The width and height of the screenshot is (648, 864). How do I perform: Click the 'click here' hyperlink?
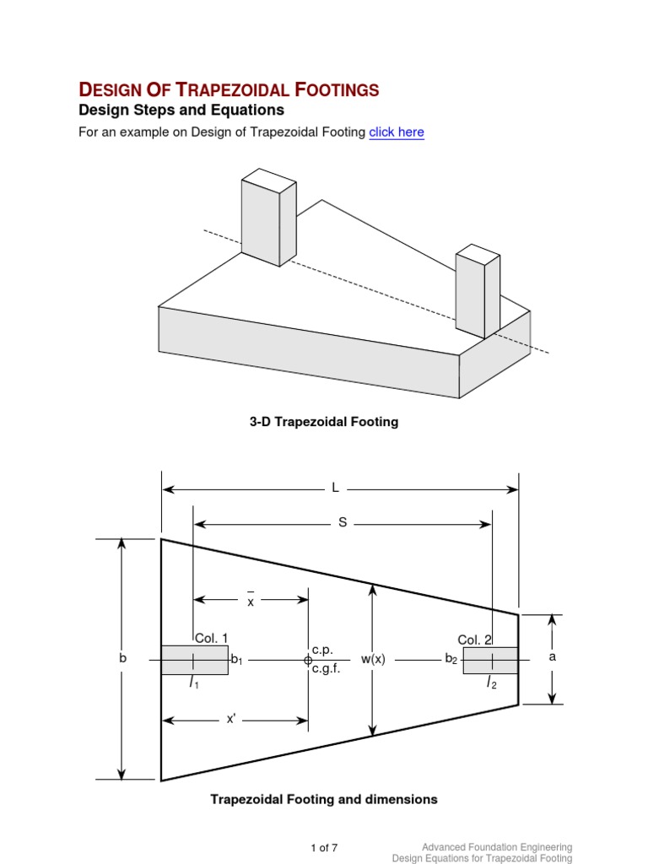point(397,132)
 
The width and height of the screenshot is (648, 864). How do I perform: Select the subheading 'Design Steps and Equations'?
point(181,111)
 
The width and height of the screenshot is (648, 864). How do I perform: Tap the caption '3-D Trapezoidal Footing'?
point(324,422)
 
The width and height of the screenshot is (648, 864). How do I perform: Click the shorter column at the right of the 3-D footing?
point(477,290)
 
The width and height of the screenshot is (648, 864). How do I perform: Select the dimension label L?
point(335,488)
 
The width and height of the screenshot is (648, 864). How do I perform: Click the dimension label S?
point(343,523)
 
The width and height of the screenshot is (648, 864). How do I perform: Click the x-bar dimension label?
point(251,602)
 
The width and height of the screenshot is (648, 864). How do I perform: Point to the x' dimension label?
point(230,719)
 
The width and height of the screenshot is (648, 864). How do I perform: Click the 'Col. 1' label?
point(211,639)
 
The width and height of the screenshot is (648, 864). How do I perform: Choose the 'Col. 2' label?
point(474,640)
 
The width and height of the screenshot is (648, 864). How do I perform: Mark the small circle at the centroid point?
point(307,661)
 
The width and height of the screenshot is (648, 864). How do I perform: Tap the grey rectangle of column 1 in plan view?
point(194,660)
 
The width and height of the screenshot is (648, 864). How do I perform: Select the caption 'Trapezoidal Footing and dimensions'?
point(324,799)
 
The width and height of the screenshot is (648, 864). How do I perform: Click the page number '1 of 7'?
point(324,847)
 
